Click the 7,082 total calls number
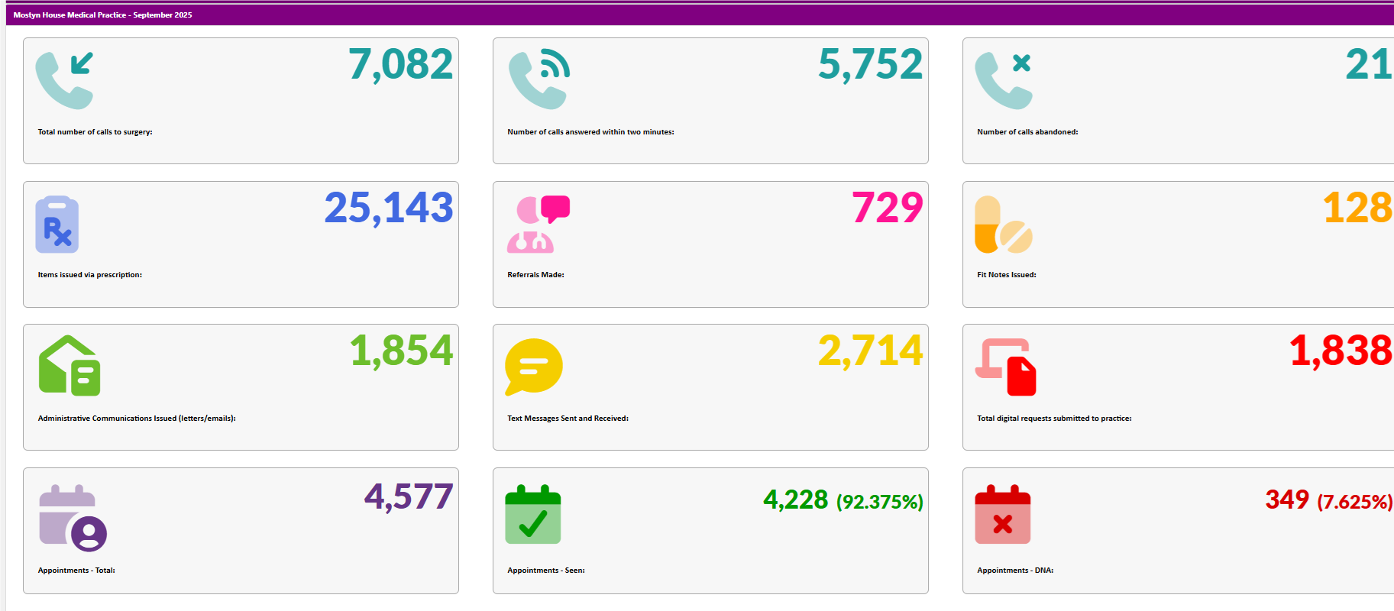400,65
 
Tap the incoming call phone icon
64,80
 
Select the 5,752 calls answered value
870,65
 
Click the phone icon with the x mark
1003,80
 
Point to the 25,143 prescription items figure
389,209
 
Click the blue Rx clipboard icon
57,225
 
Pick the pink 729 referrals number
888,209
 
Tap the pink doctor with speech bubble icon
538,225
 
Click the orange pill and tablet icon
1003,225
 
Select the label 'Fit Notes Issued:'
1006,275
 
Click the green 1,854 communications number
401,351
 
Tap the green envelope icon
70,366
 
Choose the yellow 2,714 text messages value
870,351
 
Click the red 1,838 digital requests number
1341,351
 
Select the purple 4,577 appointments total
409,497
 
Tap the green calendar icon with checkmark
533,514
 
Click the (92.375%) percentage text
879,502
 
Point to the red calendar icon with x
1002,514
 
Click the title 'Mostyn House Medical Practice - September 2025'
102,15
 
